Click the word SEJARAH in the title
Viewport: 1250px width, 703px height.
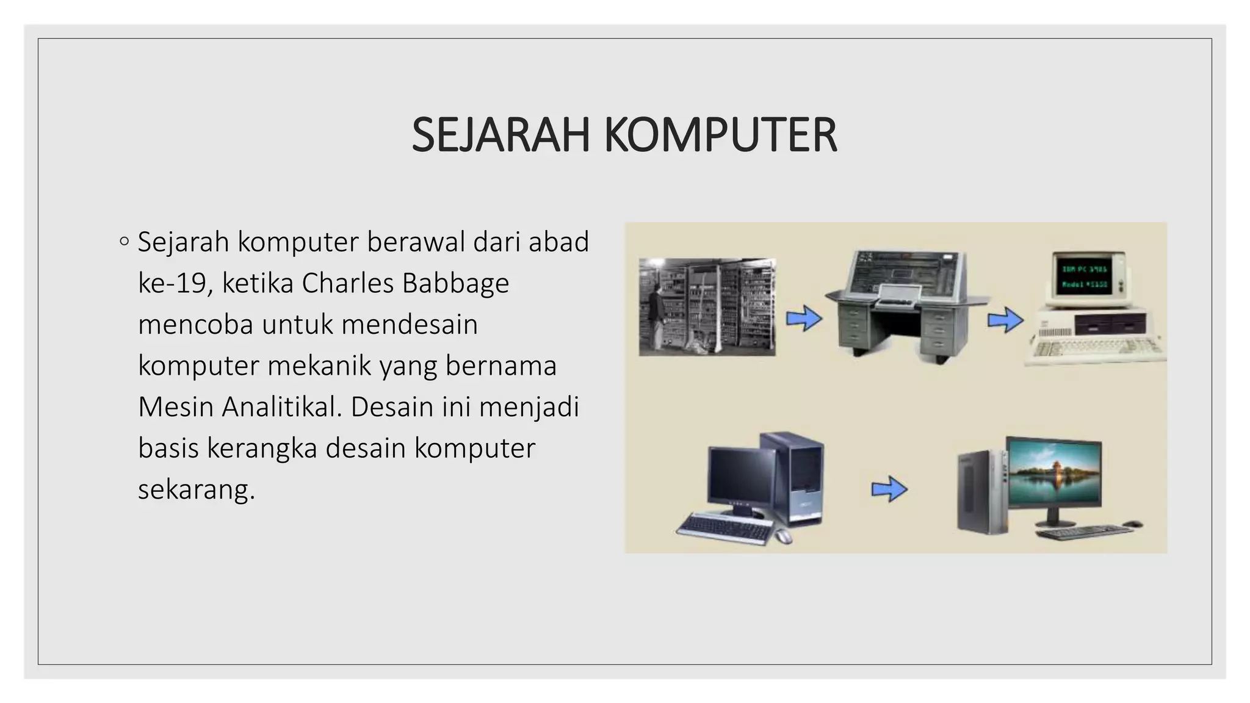(500, 135)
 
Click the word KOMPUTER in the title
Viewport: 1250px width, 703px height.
(720, 135)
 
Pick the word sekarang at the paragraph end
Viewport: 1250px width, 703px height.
(195, 489)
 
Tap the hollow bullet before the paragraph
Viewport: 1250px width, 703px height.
(125, 242)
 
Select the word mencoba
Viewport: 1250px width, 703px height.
(195, 324)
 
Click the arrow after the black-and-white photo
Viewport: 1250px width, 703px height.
(803, 318)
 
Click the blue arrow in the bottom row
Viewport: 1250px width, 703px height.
(889, 489)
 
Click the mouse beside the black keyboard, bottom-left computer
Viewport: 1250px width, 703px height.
(783, 536)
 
